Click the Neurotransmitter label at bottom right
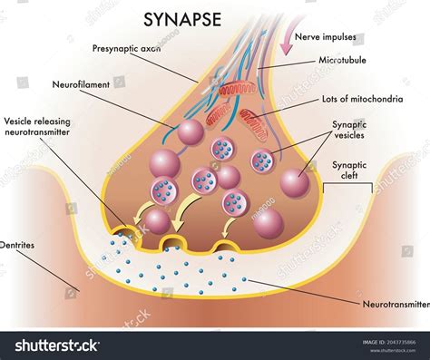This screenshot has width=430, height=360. tap(395, 306)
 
